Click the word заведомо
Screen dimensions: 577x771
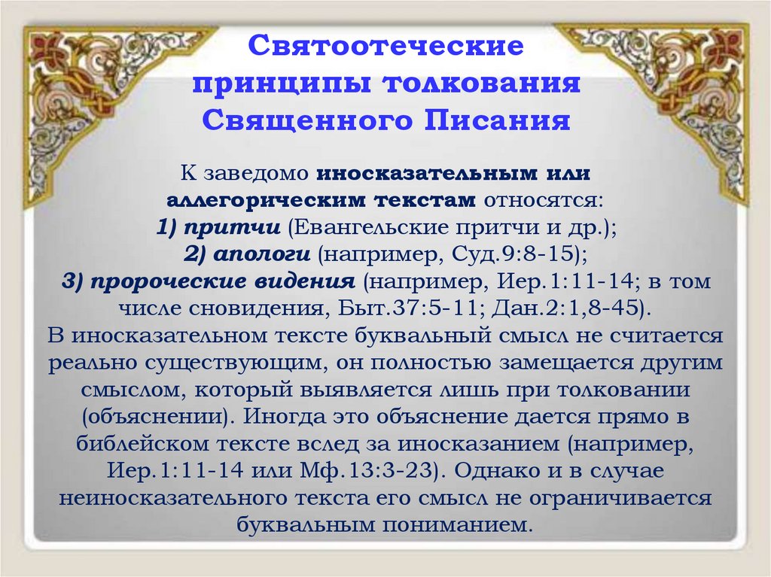(256, 174)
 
